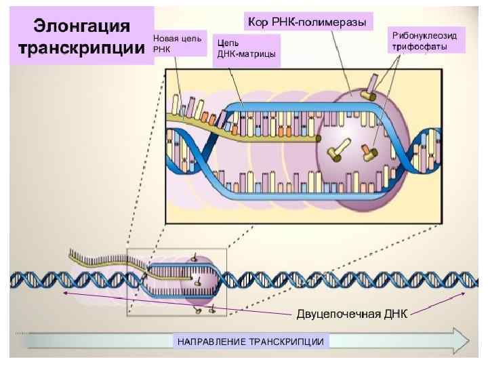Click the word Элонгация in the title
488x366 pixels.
(82, 26)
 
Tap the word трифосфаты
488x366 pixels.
(418, 47)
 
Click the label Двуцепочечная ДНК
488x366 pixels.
(352, 314)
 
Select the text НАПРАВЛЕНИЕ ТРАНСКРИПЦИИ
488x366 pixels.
(251, 341)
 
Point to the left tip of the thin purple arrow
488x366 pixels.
(63, 293)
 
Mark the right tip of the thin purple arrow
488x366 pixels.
(463, 293)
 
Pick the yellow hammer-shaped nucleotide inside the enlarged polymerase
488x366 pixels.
(337, 148)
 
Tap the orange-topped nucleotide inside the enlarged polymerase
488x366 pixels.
(369, 152)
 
